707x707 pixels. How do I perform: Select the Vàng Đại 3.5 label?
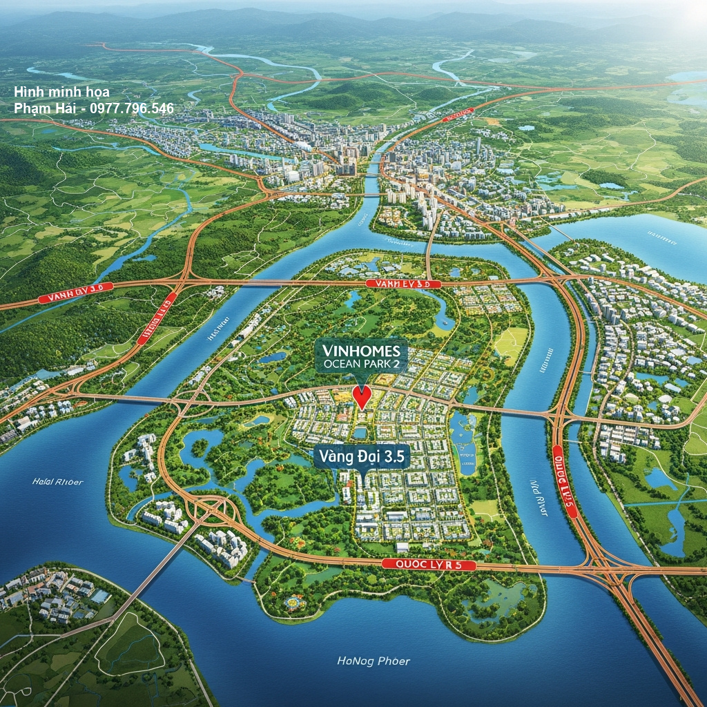(x=361, y=456)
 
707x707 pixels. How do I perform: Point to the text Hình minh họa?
(x=61, y=92)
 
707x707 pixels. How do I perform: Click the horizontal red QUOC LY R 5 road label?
(x=429, y=565)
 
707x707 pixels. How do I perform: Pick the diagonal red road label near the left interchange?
(x=157, y=318)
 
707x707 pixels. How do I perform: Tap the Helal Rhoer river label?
(x=57, y=481)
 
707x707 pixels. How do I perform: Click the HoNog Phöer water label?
(x=374, y=661)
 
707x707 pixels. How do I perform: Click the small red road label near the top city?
(x=458, y=113)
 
